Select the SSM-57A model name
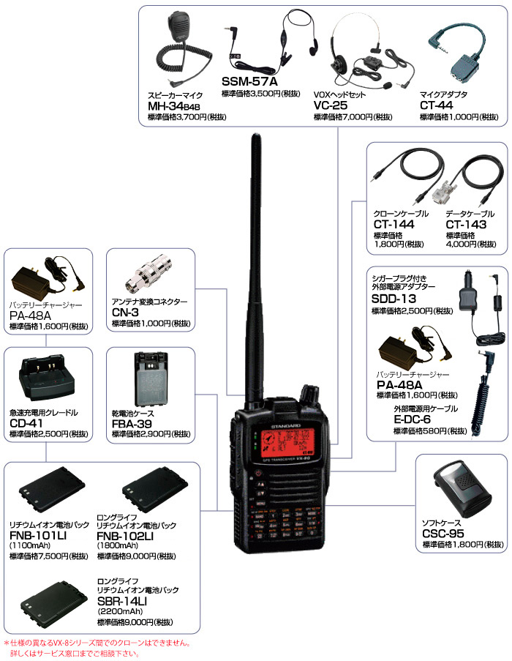coord(249,81)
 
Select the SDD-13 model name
coord(394,300)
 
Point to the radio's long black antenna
coord(256,256)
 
